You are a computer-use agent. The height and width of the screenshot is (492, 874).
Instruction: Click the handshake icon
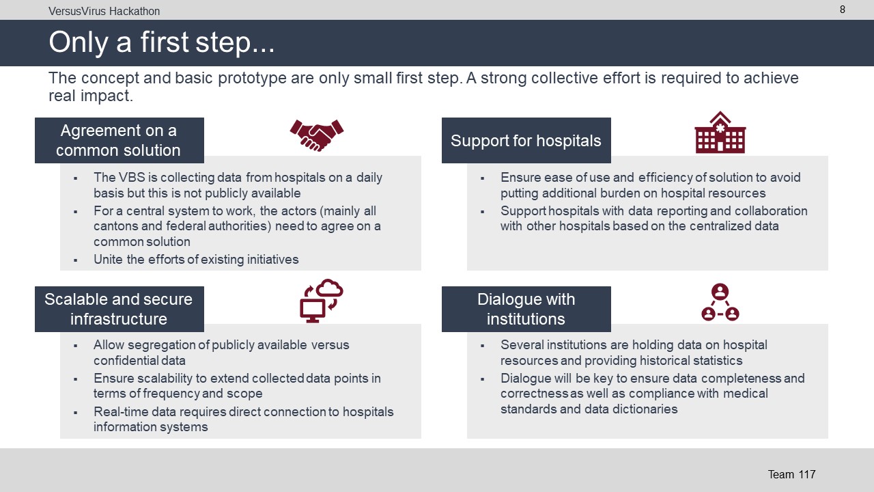click(x=316, y=135)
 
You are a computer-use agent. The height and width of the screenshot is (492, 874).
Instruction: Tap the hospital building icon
click(x=720, y=133)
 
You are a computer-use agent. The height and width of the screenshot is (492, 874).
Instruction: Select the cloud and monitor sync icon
click(x=322, y=301)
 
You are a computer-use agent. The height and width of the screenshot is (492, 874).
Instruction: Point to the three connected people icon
click(x=720, y=302)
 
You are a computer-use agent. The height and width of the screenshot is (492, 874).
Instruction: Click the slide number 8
click(x=843, y=10)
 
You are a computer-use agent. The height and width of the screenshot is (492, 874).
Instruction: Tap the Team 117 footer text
click(x=791, y=474)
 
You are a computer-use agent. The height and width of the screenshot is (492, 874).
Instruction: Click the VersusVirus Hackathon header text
click(x=104, y=12)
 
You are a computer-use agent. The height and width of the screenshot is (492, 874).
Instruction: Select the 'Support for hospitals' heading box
click(x=526, y=140)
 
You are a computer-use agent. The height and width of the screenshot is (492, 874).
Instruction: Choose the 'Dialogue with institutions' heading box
click(x=526, y=309)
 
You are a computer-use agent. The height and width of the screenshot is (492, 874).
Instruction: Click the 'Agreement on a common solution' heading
click(x=119, y=140)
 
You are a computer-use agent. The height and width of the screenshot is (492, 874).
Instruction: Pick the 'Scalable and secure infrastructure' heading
click(x=119, y=309)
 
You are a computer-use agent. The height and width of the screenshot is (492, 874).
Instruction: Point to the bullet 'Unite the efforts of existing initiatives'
click(x=196, y=259)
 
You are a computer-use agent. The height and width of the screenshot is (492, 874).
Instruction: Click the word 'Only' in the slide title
click(x=78, y=42)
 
